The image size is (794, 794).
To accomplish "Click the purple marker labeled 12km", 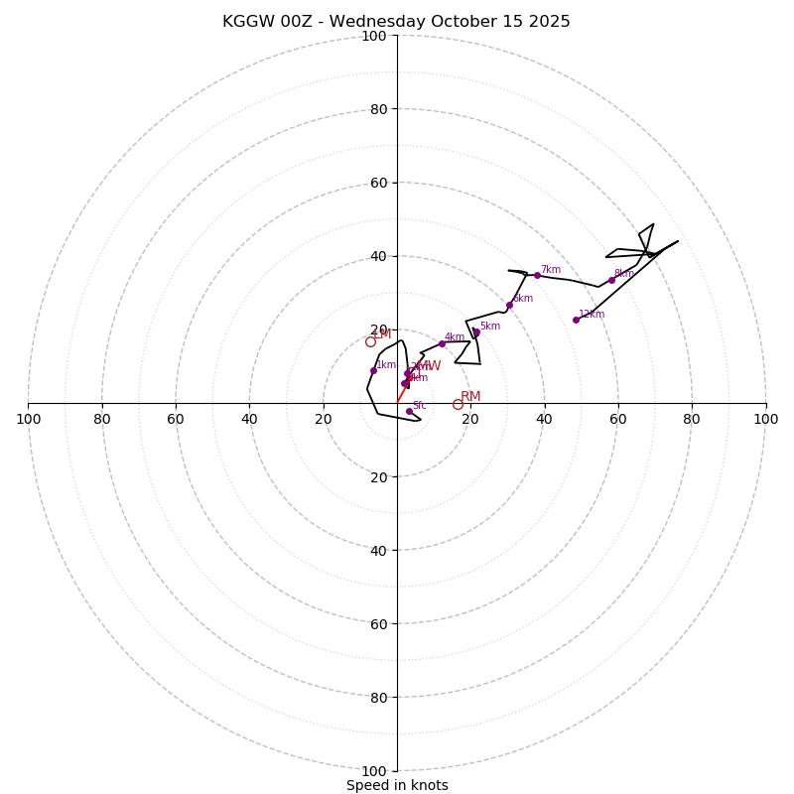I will [x=576, y=320].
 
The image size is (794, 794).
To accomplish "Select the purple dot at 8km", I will [x=611, y=280].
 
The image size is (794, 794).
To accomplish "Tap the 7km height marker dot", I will [x=537, y=275].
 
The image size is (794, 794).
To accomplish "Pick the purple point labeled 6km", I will [x=509, y=305].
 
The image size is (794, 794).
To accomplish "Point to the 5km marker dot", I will [x=476, y=332].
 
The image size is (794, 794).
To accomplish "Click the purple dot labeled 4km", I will [x=442, y=343].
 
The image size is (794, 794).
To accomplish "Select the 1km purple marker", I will [x=373, y=370].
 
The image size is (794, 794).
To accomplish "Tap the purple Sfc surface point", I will [x=409, y=411].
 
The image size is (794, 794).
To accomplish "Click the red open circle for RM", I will [x=458, y=404].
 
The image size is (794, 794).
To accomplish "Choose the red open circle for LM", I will [x=370, y=341].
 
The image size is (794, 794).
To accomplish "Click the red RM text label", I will [x=470, y=397].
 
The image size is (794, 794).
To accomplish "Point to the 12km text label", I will [x=592, y=315].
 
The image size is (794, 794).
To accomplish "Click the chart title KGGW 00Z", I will [x=396, y=22].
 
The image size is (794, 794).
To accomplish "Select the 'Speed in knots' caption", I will [x=397, y=785].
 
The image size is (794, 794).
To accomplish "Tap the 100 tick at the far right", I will [x=765, y=419].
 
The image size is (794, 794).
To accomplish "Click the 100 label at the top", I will [x=374, y=36].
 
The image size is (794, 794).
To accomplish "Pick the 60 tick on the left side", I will [x=176, y=419].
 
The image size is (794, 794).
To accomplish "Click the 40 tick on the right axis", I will [x=544, y=419].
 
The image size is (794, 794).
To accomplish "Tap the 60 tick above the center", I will [x=380, y=183].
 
